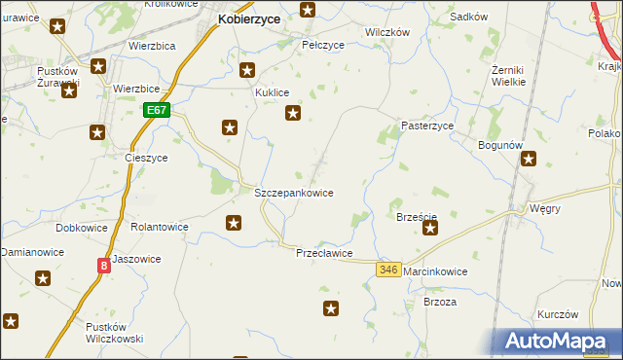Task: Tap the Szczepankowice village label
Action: point(294,193)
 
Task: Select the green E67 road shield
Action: point(158,111)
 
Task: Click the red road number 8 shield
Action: point(103,265)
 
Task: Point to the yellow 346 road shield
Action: point(389,270)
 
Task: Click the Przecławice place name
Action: point(324,253)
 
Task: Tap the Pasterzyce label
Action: point(428,126)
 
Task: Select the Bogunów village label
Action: point(501,145)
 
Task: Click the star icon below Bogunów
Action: point(529,162)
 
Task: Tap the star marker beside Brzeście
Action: point(429,230)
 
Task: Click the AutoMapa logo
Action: point(555,342)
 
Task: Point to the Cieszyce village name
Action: point(147,158)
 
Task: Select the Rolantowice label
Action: point(160,227)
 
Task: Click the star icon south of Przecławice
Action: point(332,309)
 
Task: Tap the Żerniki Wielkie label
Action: point(509,75)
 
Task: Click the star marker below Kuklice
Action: point(292,114)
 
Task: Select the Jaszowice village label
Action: point(135,259)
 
